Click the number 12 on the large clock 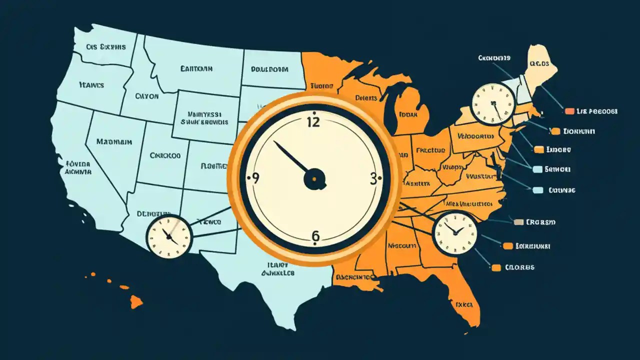[x=313, y=121]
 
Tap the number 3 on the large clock [x=373, y=179]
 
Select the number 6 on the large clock [x=315, y=235]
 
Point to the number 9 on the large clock [x=255, y=178]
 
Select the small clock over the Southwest [x=169, y=237]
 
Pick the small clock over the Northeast [x=493, y=103]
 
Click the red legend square [x=569, y=111]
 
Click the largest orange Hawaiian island [x=136, y=301]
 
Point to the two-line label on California [x=78, y=167]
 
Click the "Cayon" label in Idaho [x=146, y=96]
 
